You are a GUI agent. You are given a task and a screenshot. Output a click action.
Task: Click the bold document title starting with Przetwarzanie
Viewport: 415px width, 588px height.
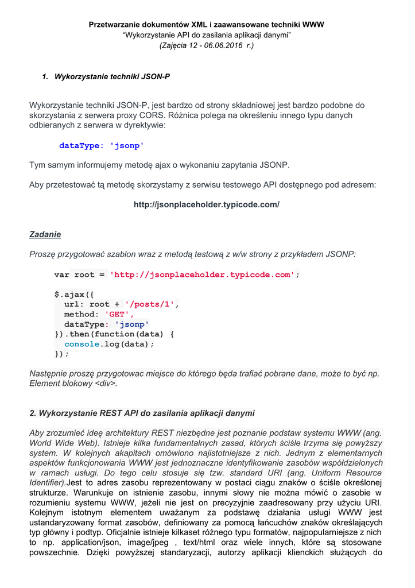(206, 25)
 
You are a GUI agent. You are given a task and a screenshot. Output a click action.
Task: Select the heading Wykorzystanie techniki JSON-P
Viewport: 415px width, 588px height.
(112, 76)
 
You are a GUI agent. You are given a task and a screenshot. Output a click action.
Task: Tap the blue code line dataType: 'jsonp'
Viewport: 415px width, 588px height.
(102, 146)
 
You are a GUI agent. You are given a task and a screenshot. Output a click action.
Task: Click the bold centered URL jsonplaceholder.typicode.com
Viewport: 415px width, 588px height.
(206, 204)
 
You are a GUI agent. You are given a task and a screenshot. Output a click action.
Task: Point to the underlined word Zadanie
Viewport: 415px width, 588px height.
(45, 234)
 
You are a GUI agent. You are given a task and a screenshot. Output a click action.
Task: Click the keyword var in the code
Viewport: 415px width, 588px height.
(61, 274)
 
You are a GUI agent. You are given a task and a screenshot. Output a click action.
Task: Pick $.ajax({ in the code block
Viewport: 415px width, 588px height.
(74, 295)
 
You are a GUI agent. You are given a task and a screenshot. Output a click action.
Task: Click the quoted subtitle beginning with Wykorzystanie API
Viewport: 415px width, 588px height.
(206, 35)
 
